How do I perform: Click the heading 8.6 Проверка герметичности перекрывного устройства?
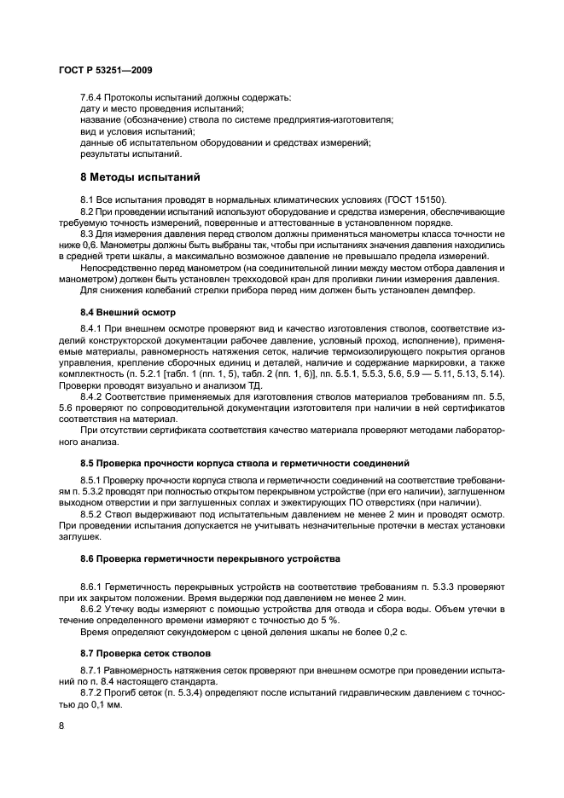(x=209, y=558)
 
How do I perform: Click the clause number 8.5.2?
(x=94, y=514)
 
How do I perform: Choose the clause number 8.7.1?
(x=94, y=672)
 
